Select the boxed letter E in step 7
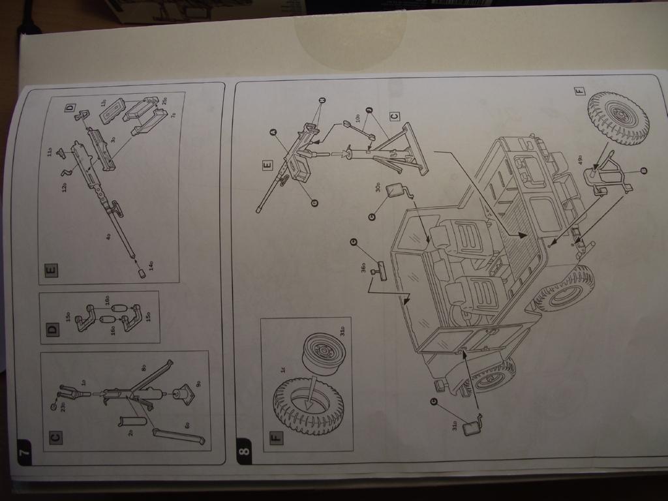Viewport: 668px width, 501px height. pyautogui.click(x=52, y=269)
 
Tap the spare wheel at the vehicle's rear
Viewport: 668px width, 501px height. pyautogui.click(x=618, y=117)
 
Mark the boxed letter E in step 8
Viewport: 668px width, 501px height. pyautogui.click(x=267, y=166)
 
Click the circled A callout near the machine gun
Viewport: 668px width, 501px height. pyautogui.click(x=274, y=131)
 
